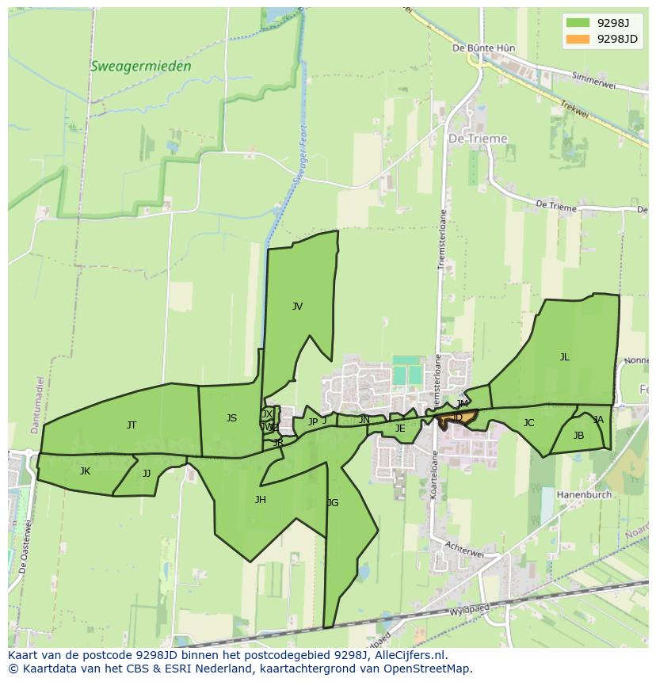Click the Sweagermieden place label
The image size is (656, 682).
141,67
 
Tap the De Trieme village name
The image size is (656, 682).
478,139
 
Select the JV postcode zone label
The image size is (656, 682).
297,307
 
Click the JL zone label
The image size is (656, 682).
564,357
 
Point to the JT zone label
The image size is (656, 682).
132,425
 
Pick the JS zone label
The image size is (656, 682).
231,418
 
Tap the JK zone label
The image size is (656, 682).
85,471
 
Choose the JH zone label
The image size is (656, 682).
260,500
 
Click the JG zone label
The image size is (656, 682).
333,503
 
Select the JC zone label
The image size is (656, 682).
528,423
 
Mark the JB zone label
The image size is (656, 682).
578,436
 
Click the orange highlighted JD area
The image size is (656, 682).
460,417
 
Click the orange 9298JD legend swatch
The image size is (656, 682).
578,39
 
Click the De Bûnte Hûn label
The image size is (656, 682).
483,48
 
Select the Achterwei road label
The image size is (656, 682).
464,551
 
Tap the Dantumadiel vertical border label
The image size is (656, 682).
36,404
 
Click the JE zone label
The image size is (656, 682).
400,429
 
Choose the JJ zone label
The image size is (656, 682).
147,474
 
